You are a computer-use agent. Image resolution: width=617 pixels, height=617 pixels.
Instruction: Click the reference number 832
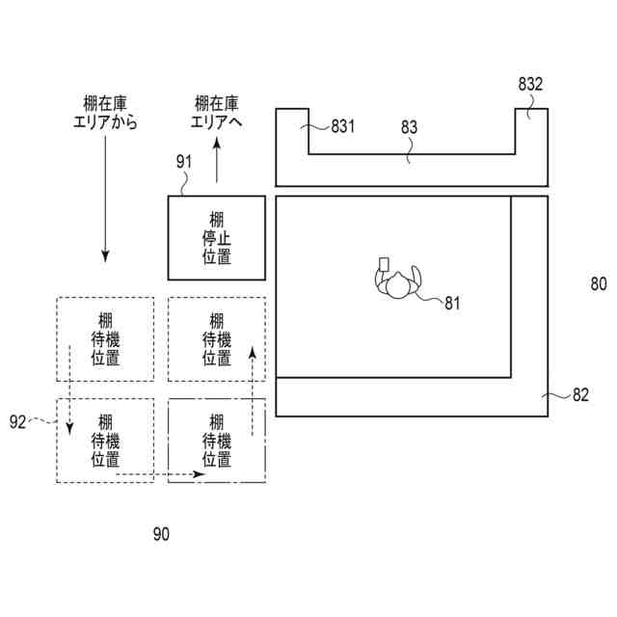click(530, 85)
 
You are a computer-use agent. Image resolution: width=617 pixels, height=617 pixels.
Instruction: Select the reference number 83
click(410, 126)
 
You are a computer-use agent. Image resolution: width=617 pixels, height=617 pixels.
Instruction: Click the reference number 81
click(453, 304)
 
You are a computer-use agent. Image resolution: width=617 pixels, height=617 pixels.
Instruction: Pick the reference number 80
click(599, 283)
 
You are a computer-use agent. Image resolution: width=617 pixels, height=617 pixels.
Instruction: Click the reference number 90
click(160, 533)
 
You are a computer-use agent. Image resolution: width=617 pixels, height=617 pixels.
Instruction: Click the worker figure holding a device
click(397, 282)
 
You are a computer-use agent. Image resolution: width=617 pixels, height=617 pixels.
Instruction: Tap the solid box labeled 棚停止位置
click(217, 237)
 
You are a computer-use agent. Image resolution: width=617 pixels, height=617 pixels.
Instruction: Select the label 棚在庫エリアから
click(106, 113)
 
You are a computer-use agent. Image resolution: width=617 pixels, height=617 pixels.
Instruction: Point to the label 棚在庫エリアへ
click(217, 113)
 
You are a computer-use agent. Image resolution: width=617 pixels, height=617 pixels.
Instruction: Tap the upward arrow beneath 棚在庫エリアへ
click(217, 160)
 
